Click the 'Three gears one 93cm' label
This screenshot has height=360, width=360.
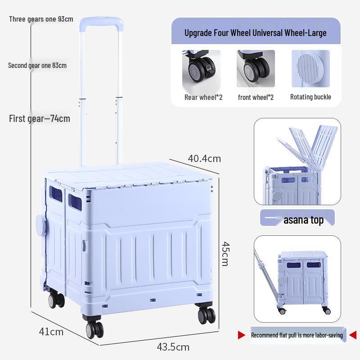tap(41, 19)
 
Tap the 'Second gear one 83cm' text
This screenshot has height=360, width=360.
tap(37, 65)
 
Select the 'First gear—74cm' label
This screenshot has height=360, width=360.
tap(40, 118)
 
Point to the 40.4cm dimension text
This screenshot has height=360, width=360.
tap(204, 159)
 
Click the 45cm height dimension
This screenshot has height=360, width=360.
tap(225, 254)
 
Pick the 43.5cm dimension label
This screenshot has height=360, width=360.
tap(173, 347)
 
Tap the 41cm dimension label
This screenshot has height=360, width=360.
tap(51, 332)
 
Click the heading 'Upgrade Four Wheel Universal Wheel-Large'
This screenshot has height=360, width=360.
tap(255, 33)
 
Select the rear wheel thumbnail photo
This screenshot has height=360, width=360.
tap(201, 68)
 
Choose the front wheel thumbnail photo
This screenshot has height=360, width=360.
tap(256, 68)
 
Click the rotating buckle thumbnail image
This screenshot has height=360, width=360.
tap(310, 68)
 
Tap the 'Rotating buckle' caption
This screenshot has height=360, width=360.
tap(310, 97)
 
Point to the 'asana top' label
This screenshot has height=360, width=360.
tap(303, 220)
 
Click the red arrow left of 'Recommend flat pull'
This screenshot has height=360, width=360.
tap(241, 335)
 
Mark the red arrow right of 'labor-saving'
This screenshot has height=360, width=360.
tap(353, 335)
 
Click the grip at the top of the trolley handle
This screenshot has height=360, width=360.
tap(102, 22)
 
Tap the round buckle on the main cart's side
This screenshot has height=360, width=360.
tap(41, 225)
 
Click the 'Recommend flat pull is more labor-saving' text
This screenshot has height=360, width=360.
tap(297, 335)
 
